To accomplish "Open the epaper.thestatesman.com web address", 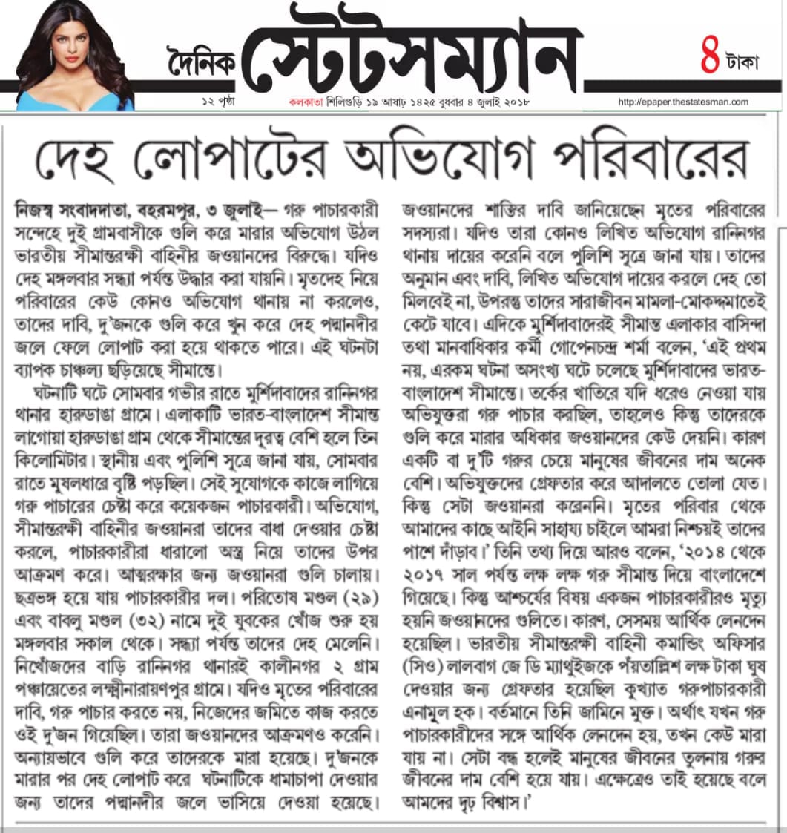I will [x=682, y=102].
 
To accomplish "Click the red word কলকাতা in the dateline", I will [x=304, y=102].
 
